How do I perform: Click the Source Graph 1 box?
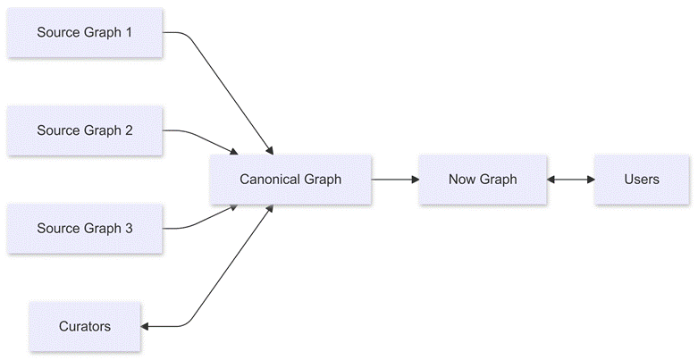pos(85,32)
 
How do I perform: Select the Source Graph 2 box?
pos(85,130)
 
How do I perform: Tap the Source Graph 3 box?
pos(85,229)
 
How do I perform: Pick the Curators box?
pos(85,326)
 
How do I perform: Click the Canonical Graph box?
pos(290,179)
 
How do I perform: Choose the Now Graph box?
pos(483,179)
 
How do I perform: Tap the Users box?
pos(642,179)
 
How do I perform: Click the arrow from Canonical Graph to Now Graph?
pos(394,179)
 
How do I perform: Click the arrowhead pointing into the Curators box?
pos(146,326)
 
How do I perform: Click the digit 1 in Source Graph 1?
pos(129,32)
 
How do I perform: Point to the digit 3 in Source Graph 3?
pos(129,229)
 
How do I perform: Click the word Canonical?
pos(268,179)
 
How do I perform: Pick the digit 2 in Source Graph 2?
pos(129,130)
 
